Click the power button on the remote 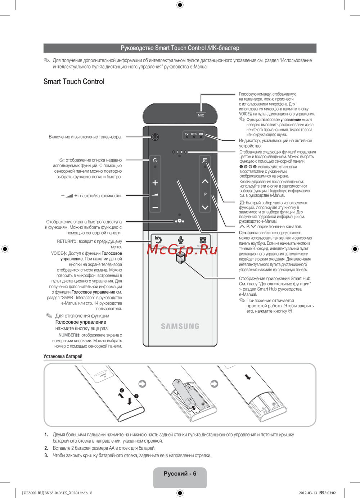[155, 137]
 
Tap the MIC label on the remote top [201, 115]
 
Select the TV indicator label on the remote [186, 134]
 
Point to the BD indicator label [201, 134]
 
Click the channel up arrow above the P [205, 181]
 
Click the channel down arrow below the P [205, 207]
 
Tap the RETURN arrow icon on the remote [158, 240]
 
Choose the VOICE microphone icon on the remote [181, 240]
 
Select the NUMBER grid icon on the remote [203, 240]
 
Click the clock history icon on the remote [155, 160]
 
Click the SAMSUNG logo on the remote [180, 326]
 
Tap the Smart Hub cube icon [180, 258]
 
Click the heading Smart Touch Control [74, 82]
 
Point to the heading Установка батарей [63, 356]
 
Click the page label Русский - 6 [180, 474]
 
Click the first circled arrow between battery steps [143, 384]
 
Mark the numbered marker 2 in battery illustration [122, 390]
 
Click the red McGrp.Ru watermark [182, 249]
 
